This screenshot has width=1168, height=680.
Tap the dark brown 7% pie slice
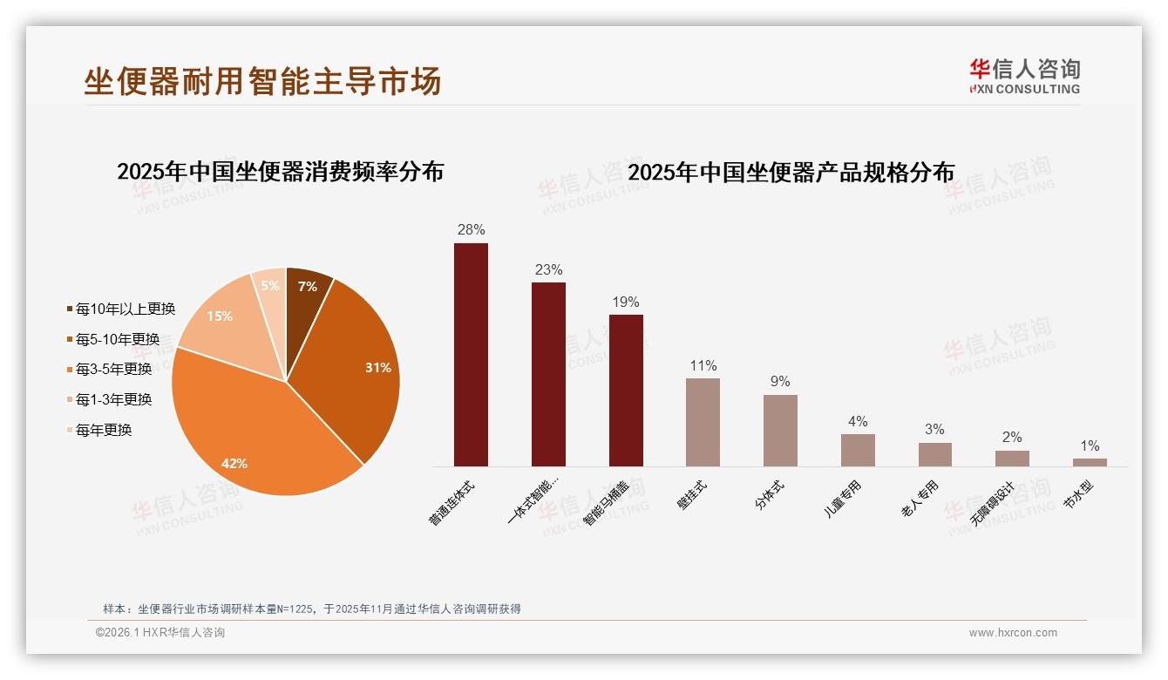pos(306,288)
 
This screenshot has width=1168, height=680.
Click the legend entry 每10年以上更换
pos(121,309)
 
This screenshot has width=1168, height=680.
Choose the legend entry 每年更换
pos(99,430)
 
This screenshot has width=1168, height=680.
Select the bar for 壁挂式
pos(703,422)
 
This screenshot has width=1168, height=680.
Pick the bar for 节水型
pos(1090,462)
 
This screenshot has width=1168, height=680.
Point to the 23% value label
pos(548,269)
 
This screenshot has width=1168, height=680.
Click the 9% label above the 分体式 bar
pos(780,381)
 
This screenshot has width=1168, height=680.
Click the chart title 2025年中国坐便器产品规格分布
pos(791,172)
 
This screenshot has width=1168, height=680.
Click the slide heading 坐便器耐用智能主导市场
pos(262,81)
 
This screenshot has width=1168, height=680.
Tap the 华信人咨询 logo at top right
pos(1025,76)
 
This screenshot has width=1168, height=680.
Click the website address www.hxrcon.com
pos(1013,633)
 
